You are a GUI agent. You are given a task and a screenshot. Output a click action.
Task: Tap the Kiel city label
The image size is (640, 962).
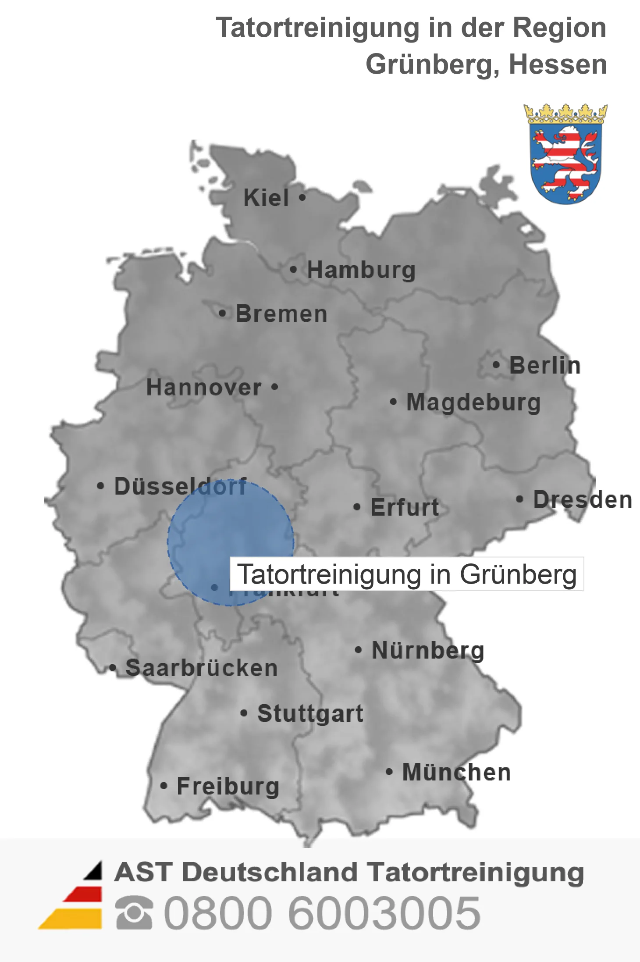pyautogui.click(x=266, y=198)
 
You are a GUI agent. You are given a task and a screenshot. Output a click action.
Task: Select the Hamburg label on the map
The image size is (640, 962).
pyautogui.click(x=361, y=270)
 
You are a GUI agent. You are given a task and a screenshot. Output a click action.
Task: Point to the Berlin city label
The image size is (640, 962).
pyautogui.click(x=545, y=365)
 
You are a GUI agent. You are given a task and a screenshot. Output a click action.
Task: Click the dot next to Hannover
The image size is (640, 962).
pyautogui.click(x=274, y=387)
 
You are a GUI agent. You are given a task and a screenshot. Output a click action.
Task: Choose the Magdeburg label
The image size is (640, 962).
pyautogui.click(x=473, y=402)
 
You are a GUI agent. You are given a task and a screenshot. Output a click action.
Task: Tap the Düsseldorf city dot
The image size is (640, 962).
pyautogui.click(x=101, y=486)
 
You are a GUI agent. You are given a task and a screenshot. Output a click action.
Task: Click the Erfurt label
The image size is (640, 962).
pyautogui.click(x=405, y=507)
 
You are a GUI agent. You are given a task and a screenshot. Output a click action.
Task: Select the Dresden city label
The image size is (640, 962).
pyautogui.click(x=582, y=499)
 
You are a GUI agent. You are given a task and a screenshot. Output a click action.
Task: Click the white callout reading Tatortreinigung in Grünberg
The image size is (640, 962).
pyautogui.click(x=407, y=574)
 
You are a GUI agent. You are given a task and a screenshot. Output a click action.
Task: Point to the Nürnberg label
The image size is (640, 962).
pyautogui.click(x=428, y=650)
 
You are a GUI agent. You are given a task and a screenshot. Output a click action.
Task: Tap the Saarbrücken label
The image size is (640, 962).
pyautogui.click(x=202, y=668)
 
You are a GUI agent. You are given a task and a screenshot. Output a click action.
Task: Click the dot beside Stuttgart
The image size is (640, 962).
pyautogui.click(x=244, y=713)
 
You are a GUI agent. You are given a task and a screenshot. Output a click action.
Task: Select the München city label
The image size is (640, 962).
pyautogui.click(x=456, y=772)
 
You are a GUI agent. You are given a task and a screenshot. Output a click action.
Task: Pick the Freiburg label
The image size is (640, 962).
pyautogui.click(x=228, y=786)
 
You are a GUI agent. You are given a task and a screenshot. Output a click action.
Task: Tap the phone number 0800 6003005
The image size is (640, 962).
pyautogui.click(x=322, y=913)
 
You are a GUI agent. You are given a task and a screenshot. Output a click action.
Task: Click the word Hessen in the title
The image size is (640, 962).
pyautogui.click(x=558, y=64)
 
